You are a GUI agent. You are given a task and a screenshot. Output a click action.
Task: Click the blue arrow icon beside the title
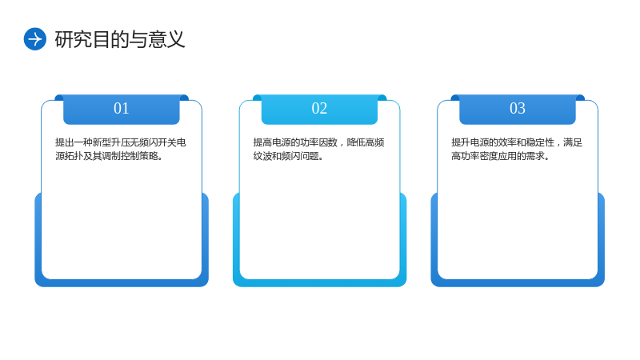[35, 39]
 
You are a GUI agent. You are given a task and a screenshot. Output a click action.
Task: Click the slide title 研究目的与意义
[120, 39]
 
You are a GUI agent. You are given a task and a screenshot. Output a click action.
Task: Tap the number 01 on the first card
[122, 109]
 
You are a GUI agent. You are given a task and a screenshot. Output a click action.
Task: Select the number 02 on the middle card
[319, 109]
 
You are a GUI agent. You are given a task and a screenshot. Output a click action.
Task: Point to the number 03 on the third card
[517, 109]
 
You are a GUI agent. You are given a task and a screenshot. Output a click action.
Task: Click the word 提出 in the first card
[65, 142]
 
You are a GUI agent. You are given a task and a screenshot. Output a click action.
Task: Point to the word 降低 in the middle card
[356, 142]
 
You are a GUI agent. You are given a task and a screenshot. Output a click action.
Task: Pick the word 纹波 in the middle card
[262, 156]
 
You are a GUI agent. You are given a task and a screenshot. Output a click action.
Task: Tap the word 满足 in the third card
[573, 142]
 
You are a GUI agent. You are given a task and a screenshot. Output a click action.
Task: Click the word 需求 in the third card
[535, 156]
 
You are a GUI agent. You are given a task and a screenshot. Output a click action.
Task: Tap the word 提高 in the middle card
[262, 142]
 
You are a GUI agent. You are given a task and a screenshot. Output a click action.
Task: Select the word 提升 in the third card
[461, 142]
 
